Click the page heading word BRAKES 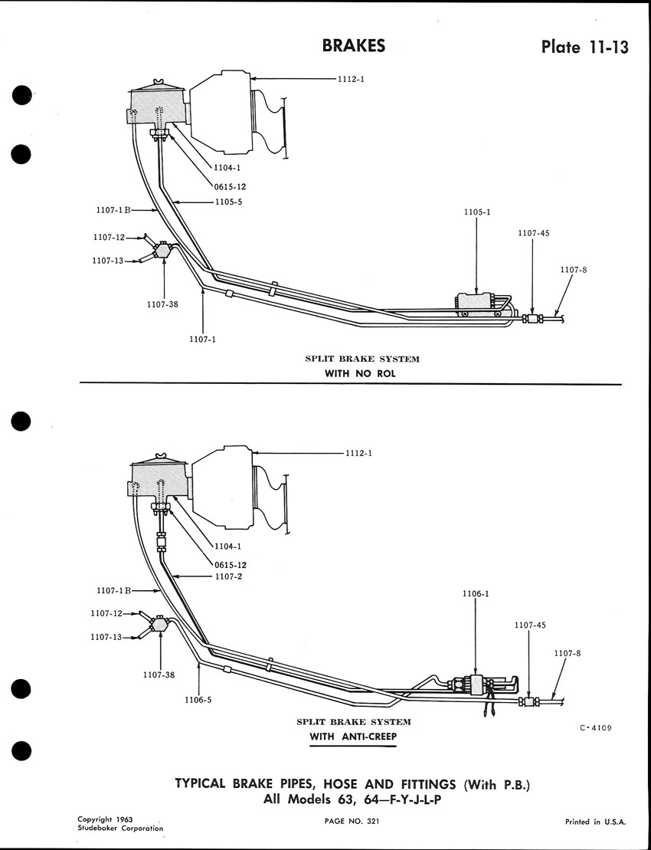[x=354, y=46]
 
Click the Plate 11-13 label [x=585, y=48]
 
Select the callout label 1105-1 [x=476, y=212]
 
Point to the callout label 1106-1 [x=476, y=593]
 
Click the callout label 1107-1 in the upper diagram [x=203, y=340]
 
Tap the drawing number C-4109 [x=595, y=728]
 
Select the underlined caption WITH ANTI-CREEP [x=352, y=737]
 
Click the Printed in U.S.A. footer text [x=596, y=822]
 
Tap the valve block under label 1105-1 [x=476, y=304]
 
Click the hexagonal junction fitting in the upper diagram [x=162, y=249]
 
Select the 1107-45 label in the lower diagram [x=530, y=625]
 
